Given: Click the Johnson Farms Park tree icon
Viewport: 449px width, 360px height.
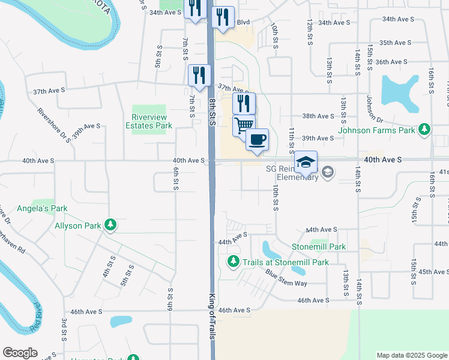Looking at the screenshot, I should (425, 130).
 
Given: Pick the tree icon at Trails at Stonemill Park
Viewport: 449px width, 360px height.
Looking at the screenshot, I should (234, 262).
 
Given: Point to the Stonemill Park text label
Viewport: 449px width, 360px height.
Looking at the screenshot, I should (319, 247).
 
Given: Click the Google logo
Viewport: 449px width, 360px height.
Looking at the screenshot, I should (20, 353).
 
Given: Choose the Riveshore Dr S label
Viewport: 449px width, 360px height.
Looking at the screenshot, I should (53, 124).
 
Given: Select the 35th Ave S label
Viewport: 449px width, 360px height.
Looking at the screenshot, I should (394, 43).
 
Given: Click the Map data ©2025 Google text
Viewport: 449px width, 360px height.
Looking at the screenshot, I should (412, 355).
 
